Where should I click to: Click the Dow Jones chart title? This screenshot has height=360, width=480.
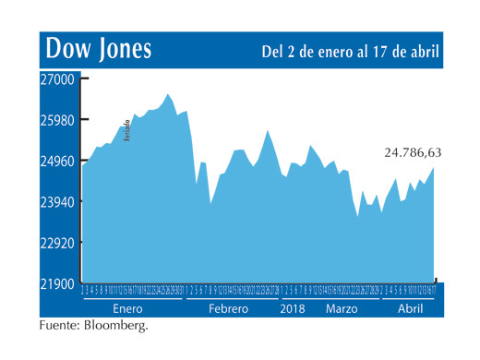99,48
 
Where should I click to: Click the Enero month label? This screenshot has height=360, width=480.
127,307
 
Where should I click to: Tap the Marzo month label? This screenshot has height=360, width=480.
342,307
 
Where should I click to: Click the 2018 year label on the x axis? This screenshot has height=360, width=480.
294,307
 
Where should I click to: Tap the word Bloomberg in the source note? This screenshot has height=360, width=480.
114,326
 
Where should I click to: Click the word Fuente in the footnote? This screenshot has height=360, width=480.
58,326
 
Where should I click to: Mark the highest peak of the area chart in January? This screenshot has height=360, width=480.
167,93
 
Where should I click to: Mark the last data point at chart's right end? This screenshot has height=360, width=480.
434,167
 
